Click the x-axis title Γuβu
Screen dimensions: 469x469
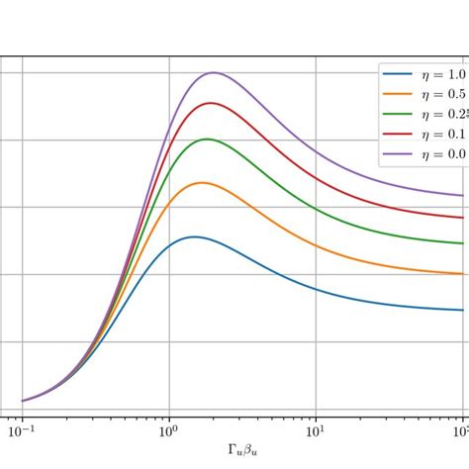pos(242,452)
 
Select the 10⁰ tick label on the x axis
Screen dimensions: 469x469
pos(168,432)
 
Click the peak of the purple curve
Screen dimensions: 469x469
pos(212,72)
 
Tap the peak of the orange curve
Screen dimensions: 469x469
pos(202,182)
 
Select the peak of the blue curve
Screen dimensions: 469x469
pos(193,236)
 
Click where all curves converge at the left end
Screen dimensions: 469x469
pos(23,401)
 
